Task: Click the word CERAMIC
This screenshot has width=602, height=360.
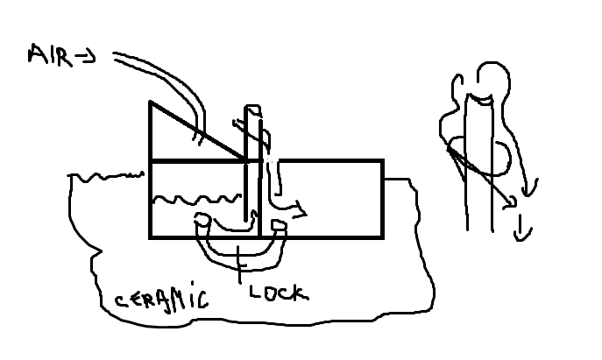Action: (162, 300)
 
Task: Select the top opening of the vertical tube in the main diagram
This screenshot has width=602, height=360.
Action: (252, 109)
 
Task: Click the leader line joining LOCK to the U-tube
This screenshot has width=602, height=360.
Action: (239, 263)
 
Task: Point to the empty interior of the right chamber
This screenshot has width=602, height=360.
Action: (337, 197)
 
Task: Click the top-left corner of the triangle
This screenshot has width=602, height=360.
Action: (151, 102)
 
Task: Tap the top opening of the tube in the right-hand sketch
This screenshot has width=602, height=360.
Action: (479, 96)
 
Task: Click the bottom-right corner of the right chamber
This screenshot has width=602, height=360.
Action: (382, 236)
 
